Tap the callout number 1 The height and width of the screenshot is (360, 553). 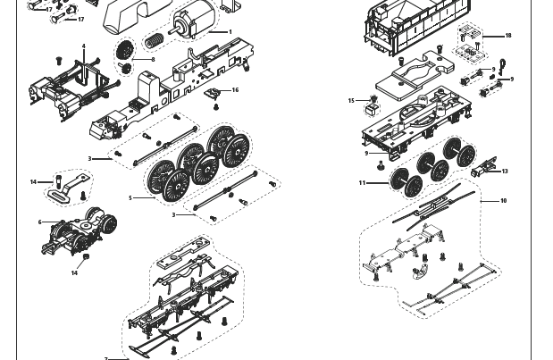click(230, 32)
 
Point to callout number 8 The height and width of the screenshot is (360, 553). click(153, 60)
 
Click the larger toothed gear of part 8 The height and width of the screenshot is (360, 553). click(124, 48)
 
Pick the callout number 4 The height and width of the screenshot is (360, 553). click(84, 46)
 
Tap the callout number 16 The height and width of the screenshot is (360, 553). click(236, 89)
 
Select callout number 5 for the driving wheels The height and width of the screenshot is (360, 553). click(130, 198)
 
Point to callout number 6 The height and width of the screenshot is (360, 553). click(39, 222)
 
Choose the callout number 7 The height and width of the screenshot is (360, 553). click(105, 358)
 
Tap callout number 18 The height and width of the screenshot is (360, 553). click(508, 37)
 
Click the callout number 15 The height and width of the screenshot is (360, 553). click(351, 101)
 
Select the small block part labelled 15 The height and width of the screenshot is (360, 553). click(366, 111)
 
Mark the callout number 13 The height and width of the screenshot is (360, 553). click(505, 172)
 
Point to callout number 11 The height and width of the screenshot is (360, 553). click(362, 183)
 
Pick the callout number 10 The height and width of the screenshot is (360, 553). click(503, 201)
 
